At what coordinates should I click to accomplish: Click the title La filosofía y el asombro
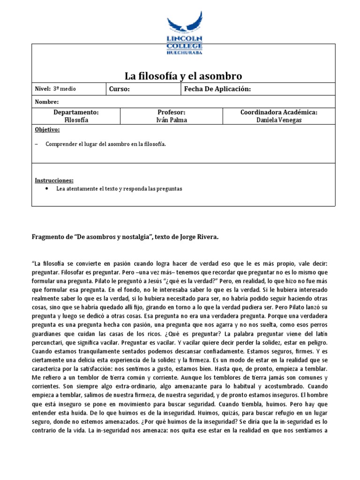pos(183,76)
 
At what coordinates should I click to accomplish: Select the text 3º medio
pos(64,89)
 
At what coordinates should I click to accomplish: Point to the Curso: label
pos(119,89)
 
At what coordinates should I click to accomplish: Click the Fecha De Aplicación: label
pos(217,89)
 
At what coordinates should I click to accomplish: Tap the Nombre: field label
pos(47,102)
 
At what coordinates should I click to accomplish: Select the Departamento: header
pos(76,113)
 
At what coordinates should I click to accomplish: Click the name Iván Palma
pos(172,120)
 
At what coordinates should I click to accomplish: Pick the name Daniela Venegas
pos(279,120)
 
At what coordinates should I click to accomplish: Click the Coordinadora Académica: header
pos(279,113)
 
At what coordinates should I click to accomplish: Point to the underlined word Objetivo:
pos(47,129)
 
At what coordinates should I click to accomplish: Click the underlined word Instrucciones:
pos(54,180)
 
